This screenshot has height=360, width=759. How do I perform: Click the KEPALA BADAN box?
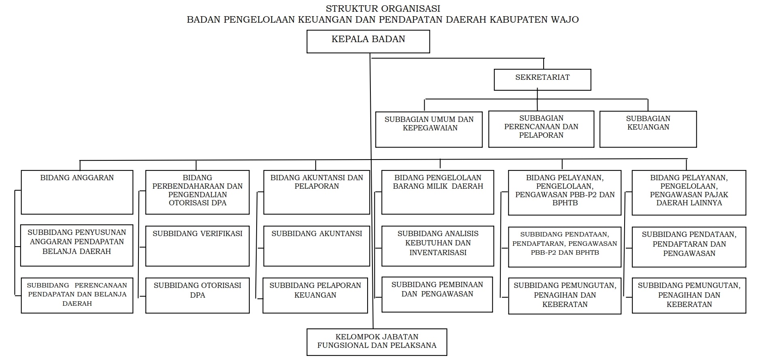pos(368,42)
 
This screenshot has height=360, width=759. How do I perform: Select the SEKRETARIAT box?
pos(542,79)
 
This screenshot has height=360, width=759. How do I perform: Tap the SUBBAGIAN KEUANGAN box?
pos(648,129)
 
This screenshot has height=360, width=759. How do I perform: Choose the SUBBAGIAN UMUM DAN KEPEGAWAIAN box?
pos(429,129)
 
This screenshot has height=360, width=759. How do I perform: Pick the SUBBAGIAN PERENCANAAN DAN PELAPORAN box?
pos(541,129)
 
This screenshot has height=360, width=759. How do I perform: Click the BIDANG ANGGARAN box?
pos(77,192)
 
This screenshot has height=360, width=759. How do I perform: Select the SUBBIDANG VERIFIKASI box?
pos(197,246)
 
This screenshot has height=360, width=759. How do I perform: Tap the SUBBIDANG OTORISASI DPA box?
pos(197,295)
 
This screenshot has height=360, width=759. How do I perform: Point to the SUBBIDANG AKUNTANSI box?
pos(317,246)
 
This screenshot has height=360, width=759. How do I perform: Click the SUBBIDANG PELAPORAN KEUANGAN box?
pos(315,295)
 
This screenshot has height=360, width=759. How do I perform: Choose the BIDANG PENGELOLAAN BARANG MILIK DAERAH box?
pos(438,192)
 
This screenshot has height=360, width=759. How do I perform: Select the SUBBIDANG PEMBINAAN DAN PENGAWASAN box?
pos(437,294)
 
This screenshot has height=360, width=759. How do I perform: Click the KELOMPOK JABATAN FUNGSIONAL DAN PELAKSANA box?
pos(376,342)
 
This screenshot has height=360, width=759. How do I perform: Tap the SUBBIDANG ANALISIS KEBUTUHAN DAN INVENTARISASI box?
pos(438,246)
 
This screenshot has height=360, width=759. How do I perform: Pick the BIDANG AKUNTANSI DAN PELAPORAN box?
pos(317,192)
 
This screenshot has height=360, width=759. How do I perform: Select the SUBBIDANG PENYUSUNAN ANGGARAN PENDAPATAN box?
pos(77,245)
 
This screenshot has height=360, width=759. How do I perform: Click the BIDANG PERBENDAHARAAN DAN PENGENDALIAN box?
pos(197,192)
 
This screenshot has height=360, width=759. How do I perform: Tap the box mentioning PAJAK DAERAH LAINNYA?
pos(689,192)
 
